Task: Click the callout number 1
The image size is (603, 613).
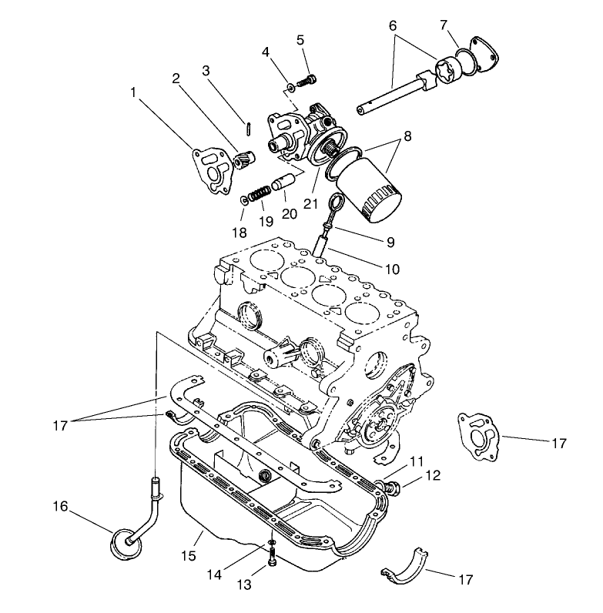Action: tap(134, 91)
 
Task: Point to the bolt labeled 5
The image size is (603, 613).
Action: tap(309, 78)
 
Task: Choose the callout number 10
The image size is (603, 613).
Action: tap(394, 270)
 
